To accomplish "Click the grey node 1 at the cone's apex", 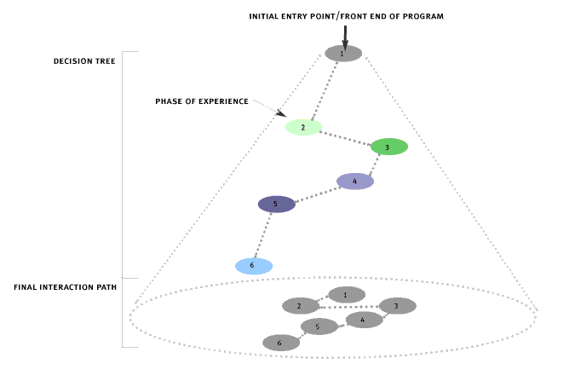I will click(x=343, y=53).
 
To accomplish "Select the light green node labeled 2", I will click(x=303, y=127).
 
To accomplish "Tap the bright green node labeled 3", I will click(x=388, y=147).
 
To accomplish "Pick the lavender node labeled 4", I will click(x=355, y=181).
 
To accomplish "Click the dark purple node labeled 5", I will click(x=276, y=205).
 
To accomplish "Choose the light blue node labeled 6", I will click(x=254, y=266).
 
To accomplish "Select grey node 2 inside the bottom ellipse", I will click(x=301, y=305).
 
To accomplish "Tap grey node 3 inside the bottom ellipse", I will click(x=397, y=305).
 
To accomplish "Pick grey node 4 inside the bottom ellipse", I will click(x=364, y=320).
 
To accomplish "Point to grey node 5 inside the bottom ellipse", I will click(x=319, y=326).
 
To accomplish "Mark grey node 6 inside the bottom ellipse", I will click(x=281, y=343).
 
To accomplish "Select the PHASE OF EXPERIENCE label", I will click(x=202, y=101).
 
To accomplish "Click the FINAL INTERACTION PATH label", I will click(x=65, y=287).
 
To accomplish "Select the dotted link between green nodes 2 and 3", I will click(x=346, y=137).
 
